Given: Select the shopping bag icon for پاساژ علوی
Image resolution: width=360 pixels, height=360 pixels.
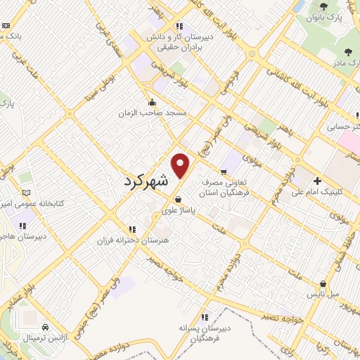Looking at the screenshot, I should click(179, 198).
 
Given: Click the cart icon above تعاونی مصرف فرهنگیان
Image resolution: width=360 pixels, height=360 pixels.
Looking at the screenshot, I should click(223, 172).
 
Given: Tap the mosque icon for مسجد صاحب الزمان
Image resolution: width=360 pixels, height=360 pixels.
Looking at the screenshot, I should click(152, 102).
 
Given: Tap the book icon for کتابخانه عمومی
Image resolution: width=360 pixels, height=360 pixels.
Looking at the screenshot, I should click(26, 193).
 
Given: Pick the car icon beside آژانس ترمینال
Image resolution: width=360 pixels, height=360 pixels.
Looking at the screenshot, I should click(44, 327).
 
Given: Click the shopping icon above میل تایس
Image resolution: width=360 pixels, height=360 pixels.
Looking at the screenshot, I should click(323, 283).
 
